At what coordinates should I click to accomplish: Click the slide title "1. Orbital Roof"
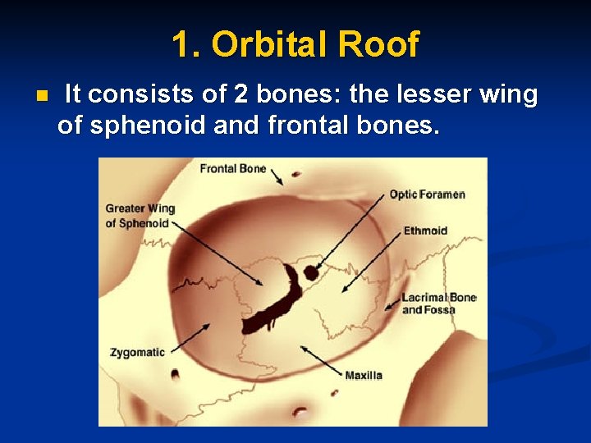[295, 44]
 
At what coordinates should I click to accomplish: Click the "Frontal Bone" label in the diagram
[233, 169]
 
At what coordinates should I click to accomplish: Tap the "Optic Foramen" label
[427, 194]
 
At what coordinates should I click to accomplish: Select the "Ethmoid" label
[425, 231]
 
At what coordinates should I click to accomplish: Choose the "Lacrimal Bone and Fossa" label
[438, 304]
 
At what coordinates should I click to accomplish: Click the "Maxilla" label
[363, 376]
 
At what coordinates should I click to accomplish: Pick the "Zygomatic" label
[137, 353]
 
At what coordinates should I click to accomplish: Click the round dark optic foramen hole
[310, 273]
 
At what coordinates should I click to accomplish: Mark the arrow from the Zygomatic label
[189, 336]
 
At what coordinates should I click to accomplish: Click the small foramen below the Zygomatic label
[175, 376]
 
